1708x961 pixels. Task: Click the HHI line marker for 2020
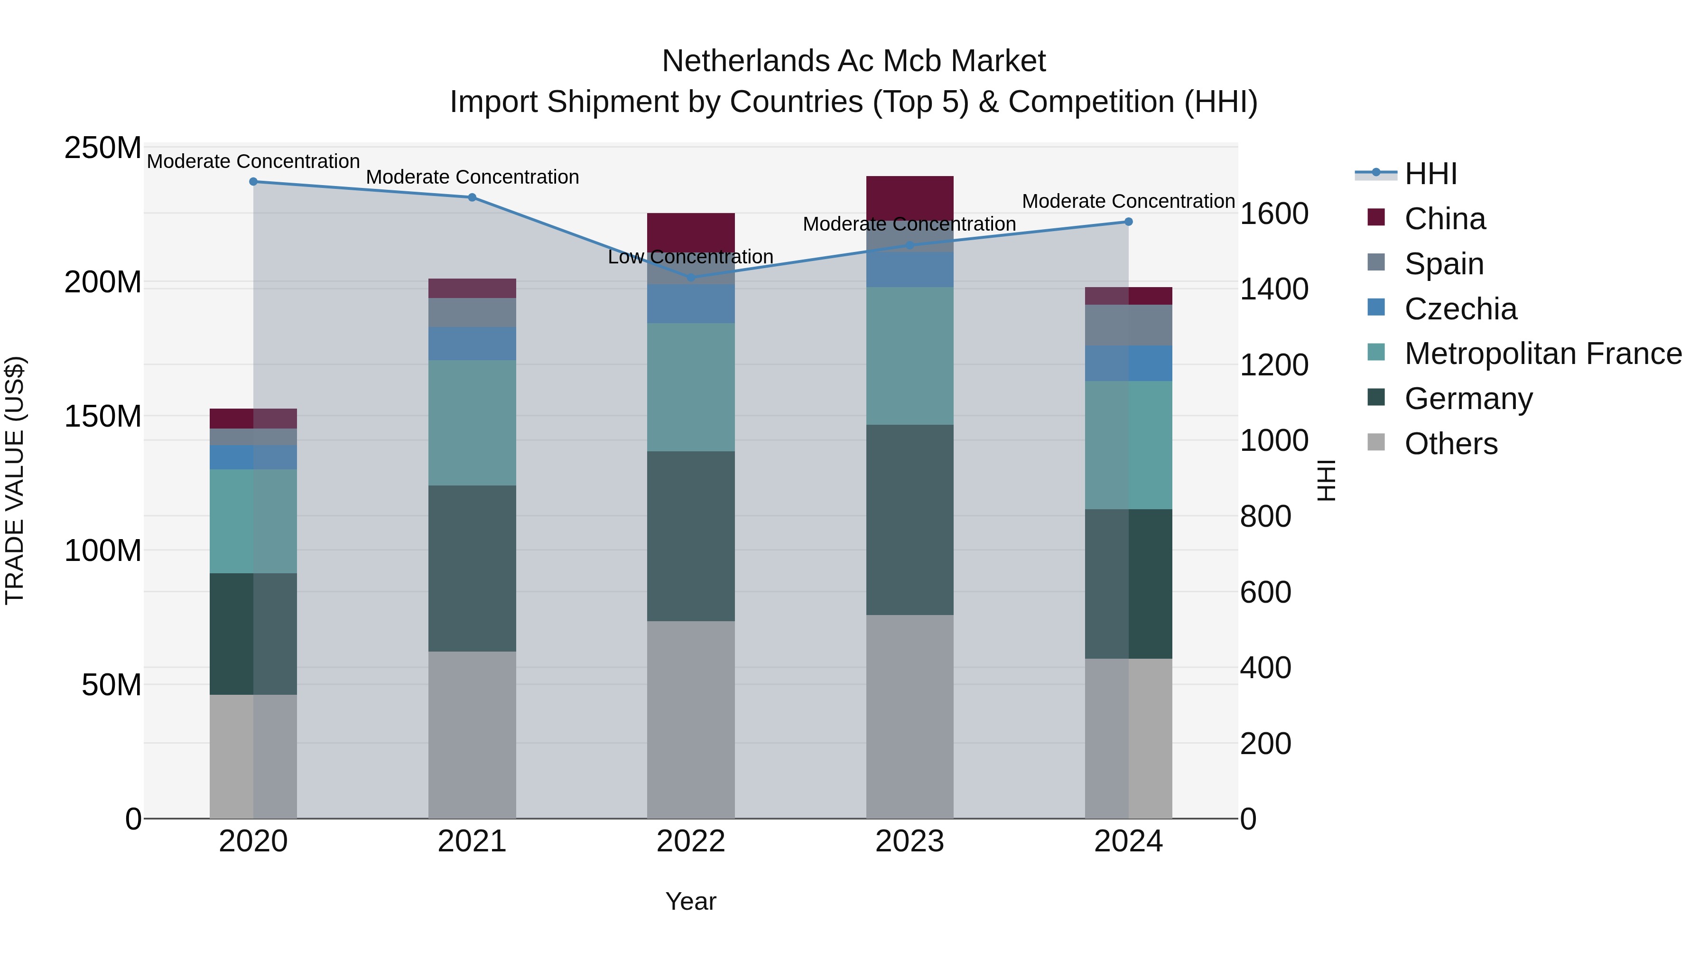[x=253, y=182]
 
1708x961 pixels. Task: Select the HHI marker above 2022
[x=691, y=277]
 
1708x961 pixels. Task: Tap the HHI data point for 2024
[x=1129, y=222]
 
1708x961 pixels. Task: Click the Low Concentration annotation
[x=690, y=257]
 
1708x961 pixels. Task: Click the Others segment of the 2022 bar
[x=691, y=719]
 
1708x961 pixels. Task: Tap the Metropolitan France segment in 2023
[x=910, y=356]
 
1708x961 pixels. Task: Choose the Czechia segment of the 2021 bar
[x=472, y=344]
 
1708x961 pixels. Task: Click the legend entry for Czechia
[x=1460, y=309]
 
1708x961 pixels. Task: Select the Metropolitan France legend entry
[x=1542, y=354]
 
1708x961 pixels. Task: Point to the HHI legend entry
[x=1430, y=174]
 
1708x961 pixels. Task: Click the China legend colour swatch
[x=1376, y=217]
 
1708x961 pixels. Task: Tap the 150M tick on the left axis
[x=103, y=417]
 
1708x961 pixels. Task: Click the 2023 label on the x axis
[x=910, y=841]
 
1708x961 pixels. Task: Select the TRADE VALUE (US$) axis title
[x=15, y=480]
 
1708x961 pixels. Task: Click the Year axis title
[x=691, y=901]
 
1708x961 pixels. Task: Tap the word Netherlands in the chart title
[x=744, y=61]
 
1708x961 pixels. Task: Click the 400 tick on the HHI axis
[x=1265, y=667]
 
